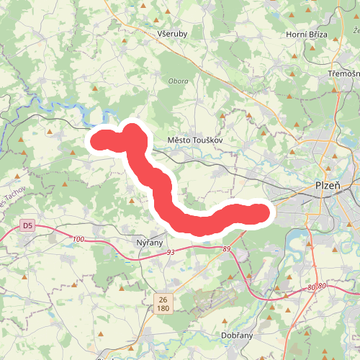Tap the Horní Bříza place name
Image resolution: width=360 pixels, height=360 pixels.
pyautogui.click(x=306, y=35)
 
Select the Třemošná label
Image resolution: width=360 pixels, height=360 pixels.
pyautogui.click(x=343, y=74)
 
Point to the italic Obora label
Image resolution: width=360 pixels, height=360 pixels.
pyautogui.click(x=178, y=81)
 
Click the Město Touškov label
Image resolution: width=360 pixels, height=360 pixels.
pyautogui.click(x=190, y=140)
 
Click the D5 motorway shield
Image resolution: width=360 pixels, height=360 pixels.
pyautogui.click(x=27, y=225)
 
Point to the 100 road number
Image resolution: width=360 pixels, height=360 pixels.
pyautogui.click(x=78, y=239)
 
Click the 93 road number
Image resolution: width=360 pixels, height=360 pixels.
pyautogui.click(x=171, y=253)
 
